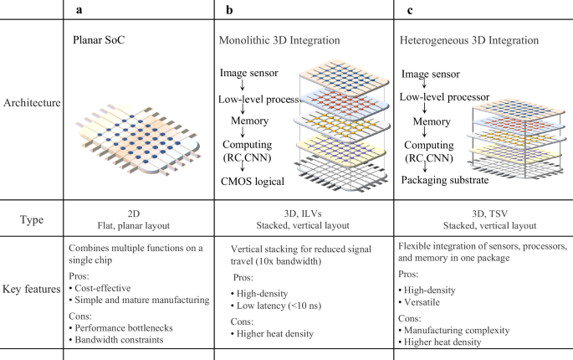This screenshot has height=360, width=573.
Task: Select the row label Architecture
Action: tap(32, 103)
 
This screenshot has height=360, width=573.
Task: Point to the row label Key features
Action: tap(32, 285)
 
